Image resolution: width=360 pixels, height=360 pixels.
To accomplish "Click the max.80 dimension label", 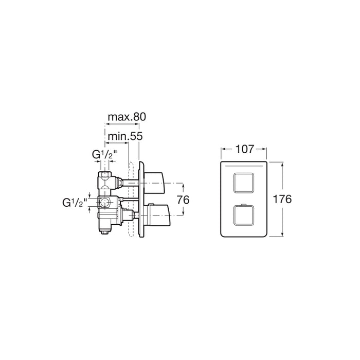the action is pos(127,117).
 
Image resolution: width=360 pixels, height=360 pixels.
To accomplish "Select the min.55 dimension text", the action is pos(125,136).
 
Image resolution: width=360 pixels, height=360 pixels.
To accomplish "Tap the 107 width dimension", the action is pos(245,149).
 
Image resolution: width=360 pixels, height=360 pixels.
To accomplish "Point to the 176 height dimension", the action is pos(282,199).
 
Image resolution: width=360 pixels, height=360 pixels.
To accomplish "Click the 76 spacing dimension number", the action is pos(183,200).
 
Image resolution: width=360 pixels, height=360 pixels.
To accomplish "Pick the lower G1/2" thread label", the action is pos(75,203).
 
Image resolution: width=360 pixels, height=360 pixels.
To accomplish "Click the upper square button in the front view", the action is pos(244,183).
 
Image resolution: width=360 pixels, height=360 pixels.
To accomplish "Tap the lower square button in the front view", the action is pos(244,215).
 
